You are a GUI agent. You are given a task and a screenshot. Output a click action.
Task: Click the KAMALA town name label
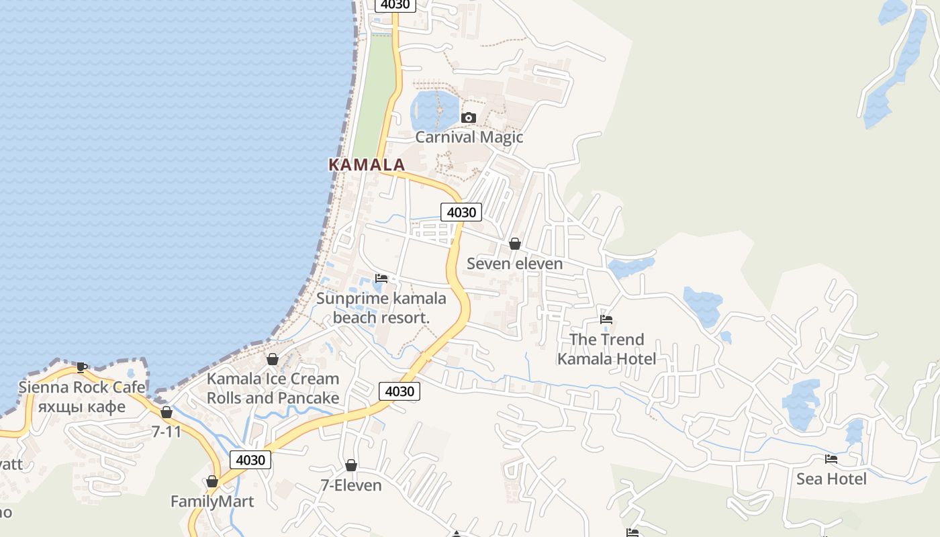pos(367,164)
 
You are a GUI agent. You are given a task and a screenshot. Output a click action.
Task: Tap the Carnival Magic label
pos(469,137)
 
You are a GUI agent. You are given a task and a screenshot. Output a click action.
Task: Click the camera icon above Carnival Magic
pos(469,118)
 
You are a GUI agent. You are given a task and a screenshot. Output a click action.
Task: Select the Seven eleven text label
pos(514,264)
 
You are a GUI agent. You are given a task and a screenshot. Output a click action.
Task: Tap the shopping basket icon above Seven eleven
pos(515,244)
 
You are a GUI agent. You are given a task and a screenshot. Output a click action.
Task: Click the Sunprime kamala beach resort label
pos(381,308)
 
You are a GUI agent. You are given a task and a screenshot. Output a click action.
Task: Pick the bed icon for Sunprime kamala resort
pos(381,278)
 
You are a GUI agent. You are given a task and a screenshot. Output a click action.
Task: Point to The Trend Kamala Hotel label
pos(606,349)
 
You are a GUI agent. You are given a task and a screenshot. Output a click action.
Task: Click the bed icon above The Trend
pos(606,320)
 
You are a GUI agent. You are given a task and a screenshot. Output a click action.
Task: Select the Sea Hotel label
pos(831,479)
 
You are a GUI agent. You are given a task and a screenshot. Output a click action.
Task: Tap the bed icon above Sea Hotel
pos(831,459)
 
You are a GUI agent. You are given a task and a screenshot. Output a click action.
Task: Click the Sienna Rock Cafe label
pos(81,397)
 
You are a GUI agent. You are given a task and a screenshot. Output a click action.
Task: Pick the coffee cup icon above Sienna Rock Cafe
pos(82,367)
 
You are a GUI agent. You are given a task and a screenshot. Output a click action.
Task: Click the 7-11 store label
pos(167,432)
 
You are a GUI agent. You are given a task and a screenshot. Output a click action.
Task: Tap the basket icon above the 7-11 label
pos(167,412)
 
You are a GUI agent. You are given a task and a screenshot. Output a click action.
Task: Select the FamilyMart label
pos(212,501)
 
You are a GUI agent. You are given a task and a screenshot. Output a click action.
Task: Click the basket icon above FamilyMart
pos(212,481)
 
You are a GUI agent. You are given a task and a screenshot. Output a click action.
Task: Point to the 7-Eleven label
pos(350,485)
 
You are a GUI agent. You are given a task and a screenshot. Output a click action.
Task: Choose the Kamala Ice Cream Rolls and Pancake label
pos(273,388)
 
